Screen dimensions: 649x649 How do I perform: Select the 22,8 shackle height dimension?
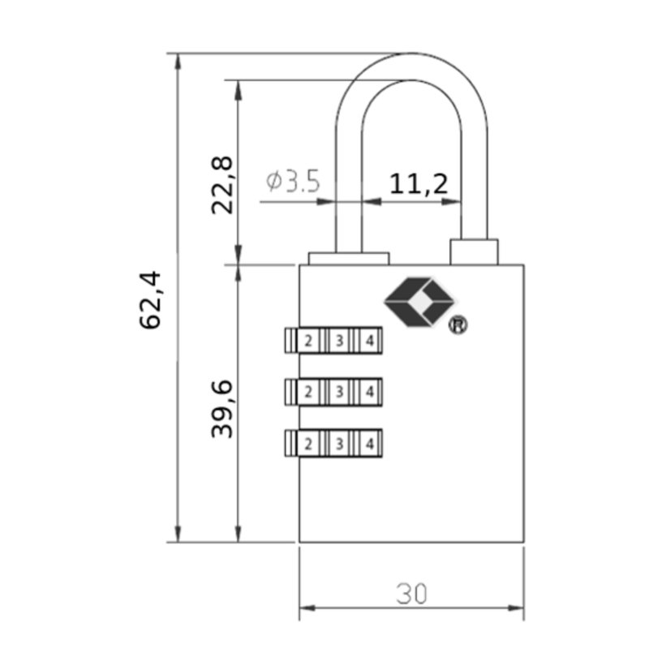pyautogui.click(x=223, y=185)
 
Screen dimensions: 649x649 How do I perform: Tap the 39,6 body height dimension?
pyautogui.click(x=223, y=408)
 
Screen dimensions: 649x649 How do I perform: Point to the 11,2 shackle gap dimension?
pyautogui.click(x=419, y=184)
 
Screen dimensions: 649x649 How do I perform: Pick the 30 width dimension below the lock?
pyautogui.click(x=411, y=595)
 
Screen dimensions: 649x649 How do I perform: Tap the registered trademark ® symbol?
pyautogui.click(x=458, y=325)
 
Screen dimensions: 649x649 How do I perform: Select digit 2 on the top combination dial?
pyautogui.click(x=307, y=341)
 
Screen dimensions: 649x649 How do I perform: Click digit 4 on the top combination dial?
pyautogui.click(x=369, y=341)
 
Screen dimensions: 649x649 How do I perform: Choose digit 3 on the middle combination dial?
pyautogui.click(x=338, y=393)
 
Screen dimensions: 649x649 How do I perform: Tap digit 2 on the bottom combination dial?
pyautogui.click(x=307, y=444)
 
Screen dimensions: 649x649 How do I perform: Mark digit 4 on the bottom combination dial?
pyautogui.click(x=369, y=444)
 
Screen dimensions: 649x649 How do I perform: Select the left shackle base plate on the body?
pyautogui.click(x=348, y=259)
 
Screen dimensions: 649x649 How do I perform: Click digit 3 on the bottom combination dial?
pyautogui.click(x=338, y=444)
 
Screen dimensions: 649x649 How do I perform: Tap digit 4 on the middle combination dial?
pyautogui.click(x=369, y=393)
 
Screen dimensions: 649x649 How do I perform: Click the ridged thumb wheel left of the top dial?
pyautogui.click(x=289, y=341)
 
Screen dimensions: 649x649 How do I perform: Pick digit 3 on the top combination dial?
pyautogui.click(x=338, y=341)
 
